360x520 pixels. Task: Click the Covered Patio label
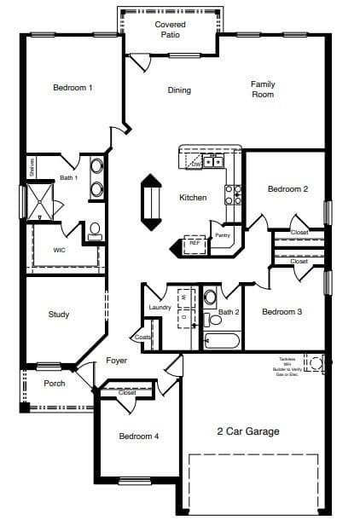170,29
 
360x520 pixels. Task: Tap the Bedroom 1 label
73,88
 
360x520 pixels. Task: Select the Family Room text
262,89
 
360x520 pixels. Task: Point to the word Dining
179,90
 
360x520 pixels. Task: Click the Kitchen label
192,198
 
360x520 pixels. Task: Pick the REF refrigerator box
195,243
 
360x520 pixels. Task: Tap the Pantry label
222,234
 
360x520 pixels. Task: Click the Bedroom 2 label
287,189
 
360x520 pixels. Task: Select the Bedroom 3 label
282,312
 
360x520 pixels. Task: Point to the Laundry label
160,307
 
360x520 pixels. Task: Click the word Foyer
116,361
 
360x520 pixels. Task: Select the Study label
59,315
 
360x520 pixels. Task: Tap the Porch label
54,384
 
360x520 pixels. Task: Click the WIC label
59,251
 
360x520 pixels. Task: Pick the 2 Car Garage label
247,431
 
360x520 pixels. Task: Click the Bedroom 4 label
138,436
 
